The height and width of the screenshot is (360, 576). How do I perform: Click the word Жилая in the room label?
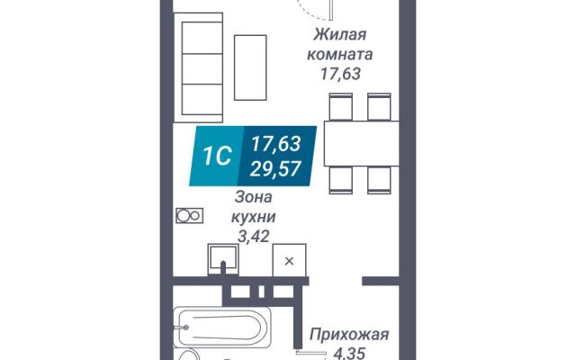(340, 35)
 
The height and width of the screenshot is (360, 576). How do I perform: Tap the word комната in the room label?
(340, 55)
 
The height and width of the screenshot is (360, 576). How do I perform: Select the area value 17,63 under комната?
(340, 74)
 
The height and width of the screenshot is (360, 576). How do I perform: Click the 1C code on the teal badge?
(218, 156)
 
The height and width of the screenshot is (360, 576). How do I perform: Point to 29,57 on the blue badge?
(275, 169)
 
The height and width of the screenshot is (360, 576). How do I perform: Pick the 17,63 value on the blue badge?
(276, 144)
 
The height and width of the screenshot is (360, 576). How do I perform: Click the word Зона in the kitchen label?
(254, 197)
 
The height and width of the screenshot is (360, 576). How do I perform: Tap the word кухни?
(254, 217)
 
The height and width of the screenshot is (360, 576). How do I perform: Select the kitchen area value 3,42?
(254, 236)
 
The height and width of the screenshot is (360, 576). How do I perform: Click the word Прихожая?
(349, 335)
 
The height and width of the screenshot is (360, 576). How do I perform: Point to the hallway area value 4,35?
(349, 354)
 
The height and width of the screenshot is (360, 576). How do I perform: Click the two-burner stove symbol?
(190, 216)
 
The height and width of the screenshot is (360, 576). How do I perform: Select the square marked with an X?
(289, 260)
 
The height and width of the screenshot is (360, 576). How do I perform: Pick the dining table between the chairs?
(362, 143)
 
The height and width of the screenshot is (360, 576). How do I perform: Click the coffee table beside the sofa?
(250, 67)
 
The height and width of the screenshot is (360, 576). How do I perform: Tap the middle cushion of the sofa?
(202, 68)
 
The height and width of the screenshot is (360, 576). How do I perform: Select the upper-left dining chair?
(341, 106)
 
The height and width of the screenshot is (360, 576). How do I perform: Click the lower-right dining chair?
(379, 180)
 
